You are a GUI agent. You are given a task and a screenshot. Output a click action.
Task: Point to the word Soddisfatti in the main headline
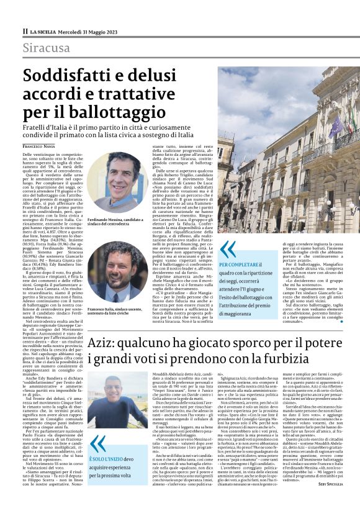coord(72,76)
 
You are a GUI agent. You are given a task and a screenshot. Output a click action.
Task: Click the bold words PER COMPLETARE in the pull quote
coord(238,265)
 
